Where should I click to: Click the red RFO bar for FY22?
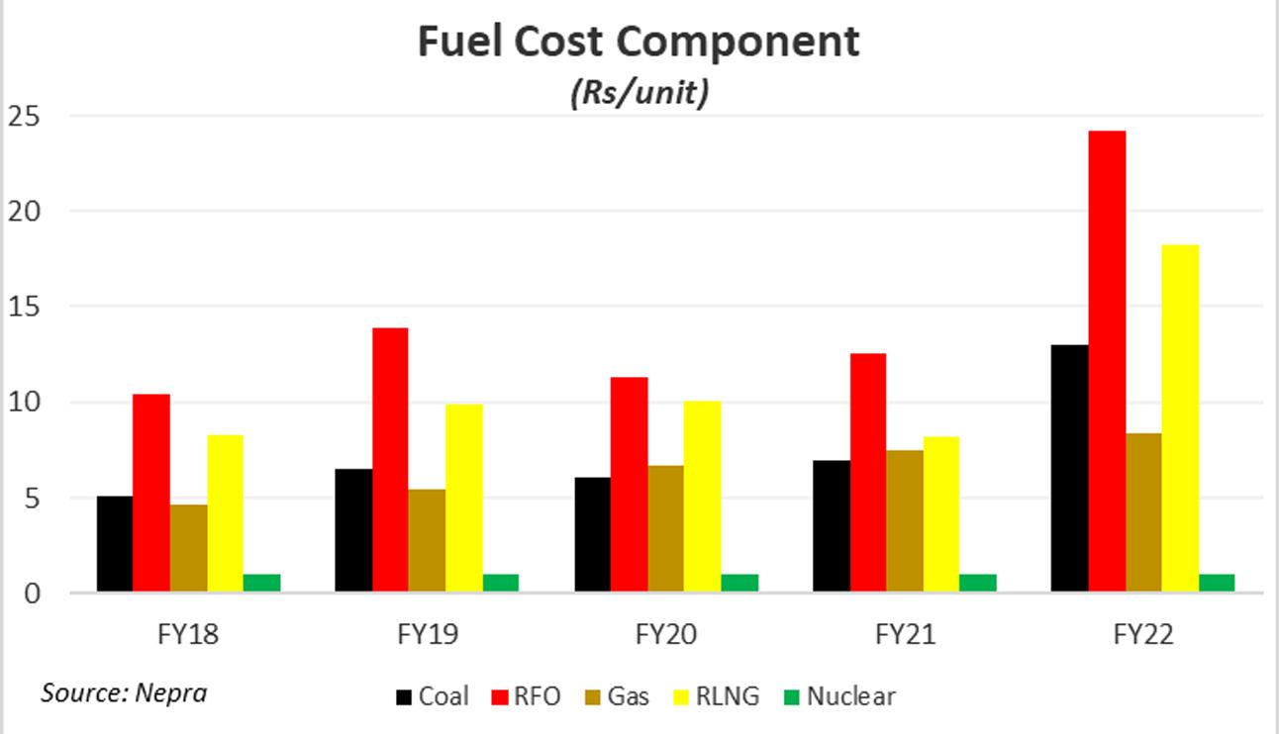pos(1107,362)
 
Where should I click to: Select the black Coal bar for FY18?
pos(115,544)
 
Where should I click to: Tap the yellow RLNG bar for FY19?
pos(464,499)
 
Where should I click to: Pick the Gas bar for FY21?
pos(905,521)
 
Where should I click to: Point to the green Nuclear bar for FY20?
pos(739,583)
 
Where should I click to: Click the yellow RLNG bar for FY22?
pos(1180,418)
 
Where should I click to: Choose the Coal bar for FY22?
pos(1070,469)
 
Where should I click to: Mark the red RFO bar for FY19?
pos(390,460)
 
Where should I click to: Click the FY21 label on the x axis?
pos(904,634)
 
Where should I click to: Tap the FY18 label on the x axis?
pos(189,634)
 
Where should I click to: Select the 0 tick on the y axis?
pos(32,594)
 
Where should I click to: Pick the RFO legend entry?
pos(526,696)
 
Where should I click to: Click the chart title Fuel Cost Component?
pos(639,43)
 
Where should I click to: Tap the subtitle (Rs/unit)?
pos(639,93)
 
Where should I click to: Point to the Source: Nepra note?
pos(124,691)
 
